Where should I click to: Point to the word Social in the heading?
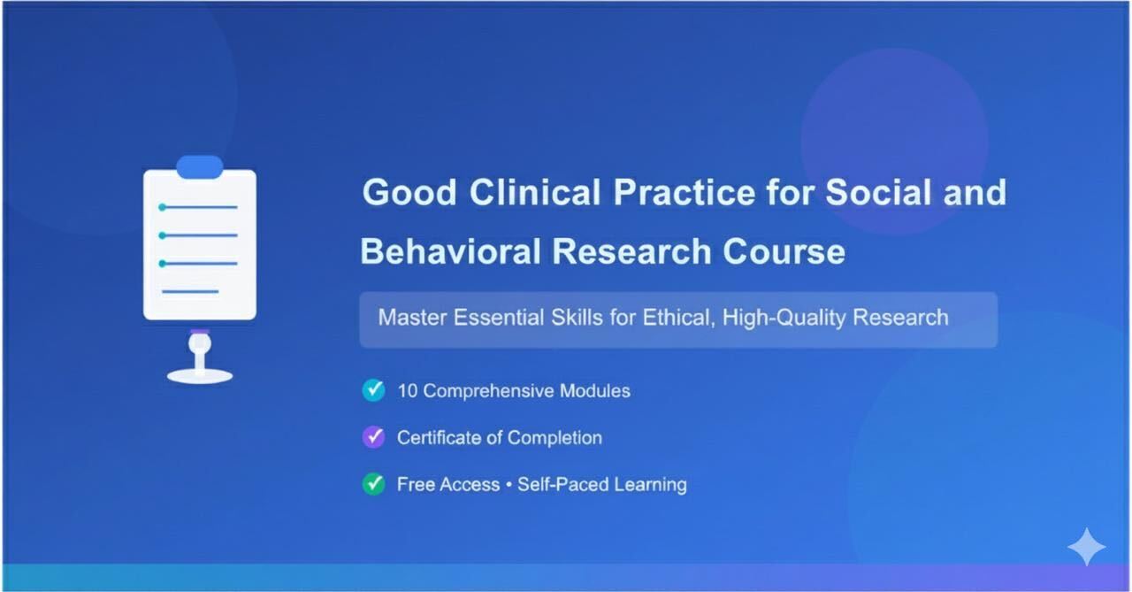(883, 193)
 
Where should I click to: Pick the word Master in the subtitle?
(412, 318)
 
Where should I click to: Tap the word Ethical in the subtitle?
(675, 318)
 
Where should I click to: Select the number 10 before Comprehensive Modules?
(407, 390)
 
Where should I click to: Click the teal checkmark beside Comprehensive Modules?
(374, 390)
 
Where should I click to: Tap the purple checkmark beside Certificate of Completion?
(374, 437)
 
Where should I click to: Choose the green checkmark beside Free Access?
(374, 484)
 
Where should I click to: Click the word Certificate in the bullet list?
(440, 437)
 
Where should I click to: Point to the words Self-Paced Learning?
(602, 484)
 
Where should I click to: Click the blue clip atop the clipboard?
(200, 166)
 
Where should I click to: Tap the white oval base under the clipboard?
(200, 376)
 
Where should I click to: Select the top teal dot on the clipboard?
(162, 207)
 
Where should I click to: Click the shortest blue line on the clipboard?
(190, 291)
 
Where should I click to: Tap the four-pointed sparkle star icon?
(1086, 547)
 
